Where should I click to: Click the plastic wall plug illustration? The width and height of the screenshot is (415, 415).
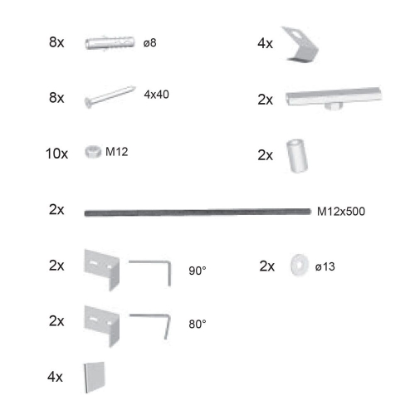pyautogui.click(x=110, y=43)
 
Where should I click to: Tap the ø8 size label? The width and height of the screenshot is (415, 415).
pyautogui.click(x=149, y=43)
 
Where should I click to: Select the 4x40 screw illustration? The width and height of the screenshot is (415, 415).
pyautogui.click(x=110, y=96)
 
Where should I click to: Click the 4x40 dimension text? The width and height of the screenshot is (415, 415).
pyautogui.click(x=156, y=95)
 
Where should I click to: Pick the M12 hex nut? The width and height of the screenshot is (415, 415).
pyautogui.click(x=93, y=152)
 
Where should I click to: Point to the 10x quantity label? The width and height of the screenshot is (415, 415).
pyautogui.click(x=56, y=154)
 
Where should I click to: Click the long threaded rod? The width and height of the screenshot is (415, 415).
pyautogui.click(x=198, y=212)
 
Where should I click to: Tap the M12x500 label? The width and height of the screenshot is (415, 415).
pyautogui.click(x=341, y=212)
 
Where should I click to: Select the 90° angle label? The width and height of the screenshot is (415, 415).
pyautogui.click(x=198, y=271)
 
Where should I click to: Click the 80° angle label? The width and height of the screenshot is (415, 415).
pyautogui.click(x=198, y=324)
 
